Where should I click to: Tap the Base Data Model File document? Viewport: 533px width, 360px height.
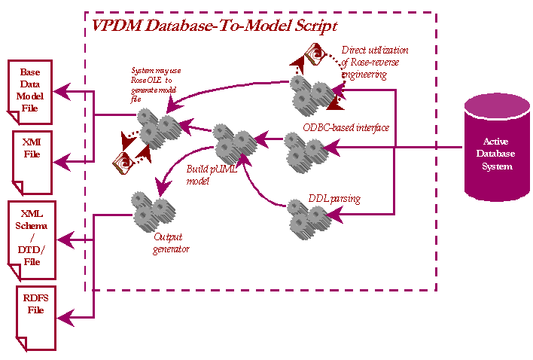(32, 92)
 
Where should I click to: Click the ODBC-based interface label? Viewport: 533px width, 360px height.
(346, 128)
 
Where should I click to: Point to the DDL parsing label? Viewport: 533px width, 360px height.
(334, 200)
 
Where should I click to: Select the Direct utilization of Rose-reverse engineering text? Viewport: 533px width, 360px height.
(375, 63)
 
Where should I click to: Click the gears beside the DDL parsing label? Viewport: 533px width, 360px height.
(306, 218)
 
